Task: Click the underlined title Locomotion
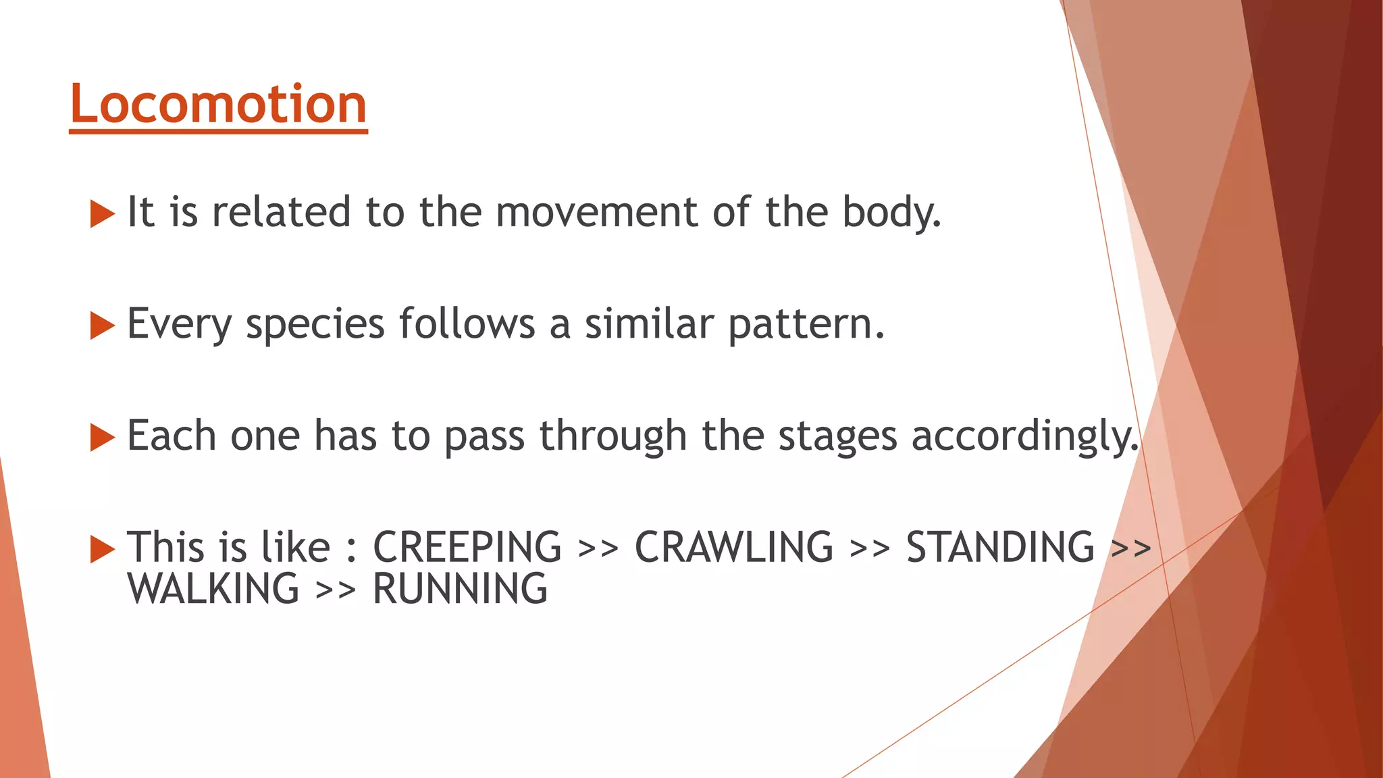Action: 218,105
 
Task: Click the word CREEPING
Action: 467,547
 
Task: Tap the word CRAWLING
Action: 733,547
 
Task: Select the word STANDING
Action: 999,547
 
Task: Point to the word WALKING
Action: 213,589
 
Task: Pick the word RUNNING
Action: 460,589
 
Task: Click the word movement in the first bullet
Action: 596,212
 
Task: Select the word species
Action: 315,325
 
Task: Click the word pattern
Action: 806,325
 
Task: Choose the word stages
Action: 837,437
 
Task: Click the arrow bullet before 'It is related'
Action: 102,214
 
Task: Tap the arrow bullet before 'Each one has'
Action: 102,438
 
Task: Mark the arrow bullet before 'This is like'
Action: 102,549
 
